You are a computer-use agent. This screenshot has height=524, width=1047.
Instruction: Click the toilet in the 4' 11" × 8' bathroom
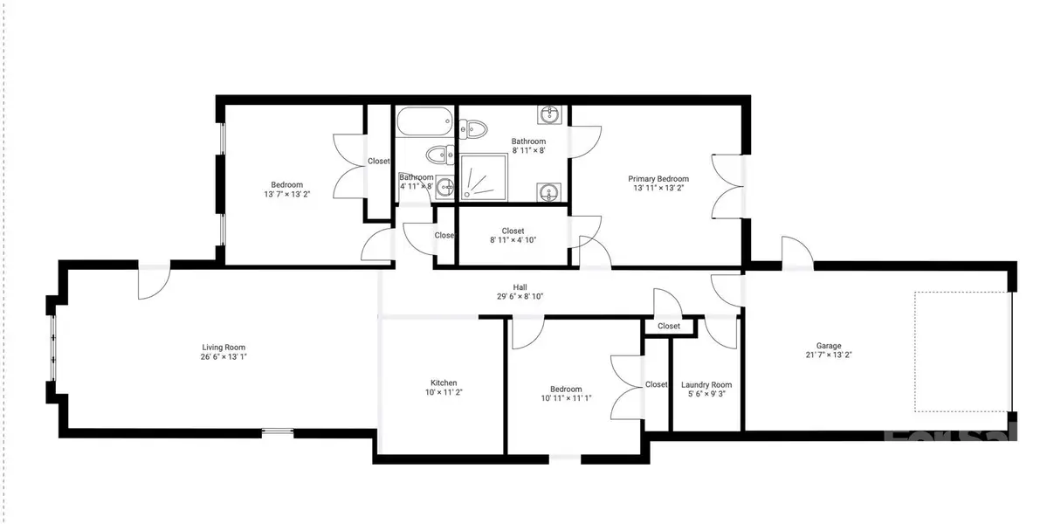pyautogui.click(x=437, y=155)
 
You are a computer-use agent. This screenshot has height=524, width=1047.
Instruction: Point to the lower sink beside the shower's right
pyautogui.click(x=550, y=191)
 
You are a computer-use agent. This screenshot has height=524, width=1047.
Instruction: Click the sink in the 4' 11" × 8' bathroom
pyautogui.click(x=445, y=186)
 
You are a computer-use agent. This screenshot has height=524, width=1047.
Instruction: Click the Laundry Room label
pyautogui.click(x=707, y=384)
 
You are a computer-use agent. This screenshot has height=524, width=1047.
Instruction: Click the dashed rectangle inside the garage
pyautogui.click(x=961, y=351)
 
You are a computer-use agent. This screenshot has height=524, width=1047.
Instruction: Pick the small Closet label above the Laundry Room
pyautogui.click(x=669, y=326)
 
